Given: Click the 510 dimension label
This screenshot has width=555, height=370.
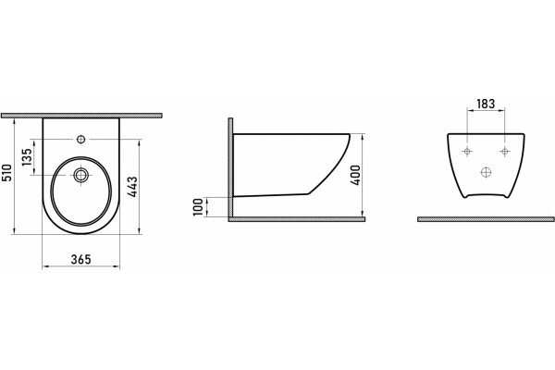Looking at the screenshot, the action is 7,172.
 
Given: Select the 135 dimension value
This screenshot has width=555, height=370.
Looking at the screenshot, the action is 27,157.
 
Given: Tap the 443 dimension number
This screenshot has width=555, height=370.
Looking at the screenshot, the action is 132,187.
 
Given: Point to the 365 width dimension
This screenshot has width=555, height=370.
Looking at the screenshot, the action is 81,259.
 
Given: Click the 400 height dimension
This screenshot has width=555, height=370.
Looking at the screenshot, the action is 355,175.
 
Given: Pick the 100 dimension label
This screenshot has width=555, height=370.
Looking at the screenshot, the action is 199,207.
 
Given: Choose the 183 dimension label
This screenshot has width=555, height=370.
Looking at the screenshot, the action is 486,104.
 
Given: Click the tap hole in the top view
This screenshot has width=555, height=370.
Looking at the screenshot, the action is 81,140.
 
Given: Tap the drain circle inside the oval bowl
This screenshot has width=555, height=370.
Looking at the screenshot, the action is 81,175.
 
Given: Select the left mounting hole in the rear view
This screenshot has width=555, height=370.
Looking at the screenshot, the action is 467,152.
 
